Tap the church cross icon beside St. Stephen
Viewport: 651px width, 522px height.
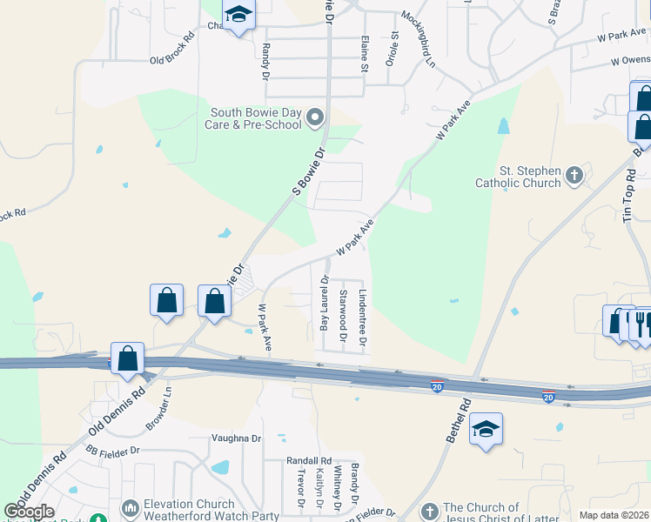pyautogui.click(x=574, y=177)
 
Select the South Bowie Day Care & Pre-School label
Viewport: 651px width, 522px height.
pyautogui.click(x=256, y=118)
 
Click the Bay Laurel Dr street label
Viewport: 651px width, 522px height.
pyautogui.click(x=325, y=304)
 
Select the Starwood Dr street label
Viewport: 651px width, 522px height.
pyautogui.click(x=343, y=316)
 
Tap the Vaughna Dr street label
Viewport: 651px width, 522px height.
pyautogui.click(x=237, y=439)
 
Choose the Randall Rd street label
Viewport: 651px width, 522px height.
pyautogui.click(x=309, y=460)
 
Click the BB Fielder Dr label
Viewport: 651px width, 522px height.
pyautogui.click(x=112, y=451)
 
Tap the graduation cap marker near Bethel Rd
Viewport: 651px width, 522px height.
pyautogui.click(x=486, y=429)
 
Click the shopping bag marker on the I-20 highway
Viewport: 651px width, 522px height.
pyautogui.click(x=127, y=358)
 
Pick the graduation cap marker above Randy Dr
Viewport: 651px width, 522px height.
pyautogui.click(x=238, y=14)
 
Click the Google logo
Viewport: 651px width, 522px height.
pyautogui.click(x=29, y=512)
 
